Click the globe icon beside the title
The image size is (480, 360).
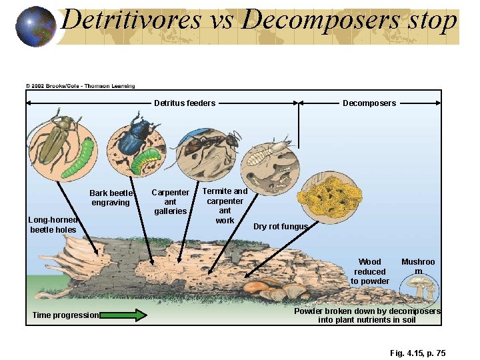(35, 26)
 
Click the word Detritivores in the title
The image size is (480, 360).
(131, 20)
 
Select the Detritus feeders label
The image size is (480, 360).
(185, 103)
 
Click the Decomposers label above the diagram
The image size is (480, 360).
(369, 103)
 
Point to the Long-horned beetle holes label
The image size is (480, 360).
(53, 225)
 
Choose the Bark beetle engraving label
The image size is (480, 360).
(111, 198)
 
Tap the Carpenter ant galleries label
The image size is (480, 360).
(171, 202)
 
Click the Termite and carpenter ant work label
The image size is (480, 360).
(225, 205)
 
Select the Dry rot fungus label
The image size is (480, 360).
(281, 227)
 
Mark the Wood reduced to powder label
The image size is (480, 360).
(370, 271)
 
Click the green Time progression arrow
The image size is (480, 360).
(123, 315)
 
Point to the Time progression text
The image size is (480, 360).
(65, 315)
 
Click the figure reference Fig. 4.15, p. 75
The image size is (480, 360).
(418, 353)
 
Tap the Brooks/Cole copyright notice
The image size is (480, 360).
(80, 86)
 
